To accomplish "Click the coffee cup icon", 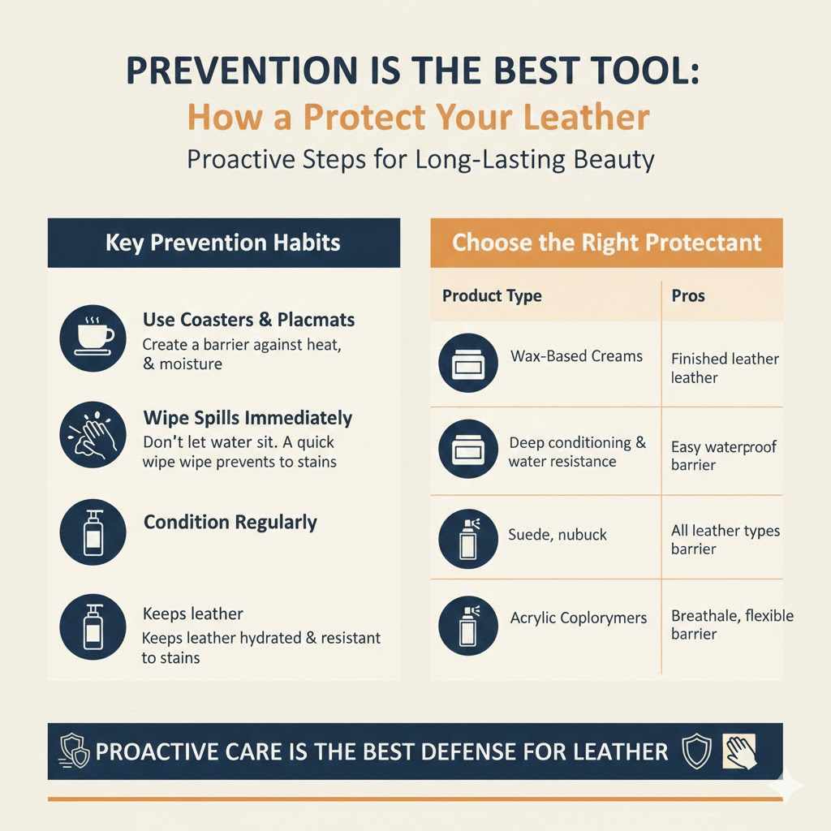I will pos(93,337).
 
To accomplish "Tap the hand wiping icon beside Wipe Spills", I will pos(93,436).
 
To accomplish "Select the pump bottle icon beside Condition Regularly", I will pos(93,532).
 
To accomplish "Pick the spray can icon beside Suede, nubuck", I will pos(467,537).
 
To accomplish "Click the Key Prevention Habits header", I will pos(223,243).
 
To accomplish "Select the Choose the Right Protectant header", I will pos(606,243).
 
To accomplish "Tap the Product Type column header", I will pos(492,296).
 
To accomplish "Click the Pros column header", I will pos(688,296).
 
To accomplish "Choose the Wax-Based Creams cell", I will pos(576,356).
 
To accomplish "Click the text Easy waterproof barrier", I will pos(723,455).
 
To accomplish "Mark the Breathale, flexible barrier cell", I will pos(731,625).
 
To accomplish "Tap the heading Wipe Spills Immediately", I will pos(248,419).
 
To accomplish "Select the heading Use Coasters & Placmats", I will pos(248,321).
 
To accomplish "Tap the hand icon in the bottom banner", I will pos(739,751).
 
